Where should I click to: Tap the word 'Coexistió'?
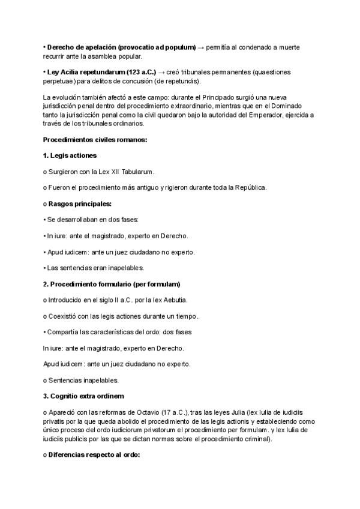pyautogui.click(x=64, y=316)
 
